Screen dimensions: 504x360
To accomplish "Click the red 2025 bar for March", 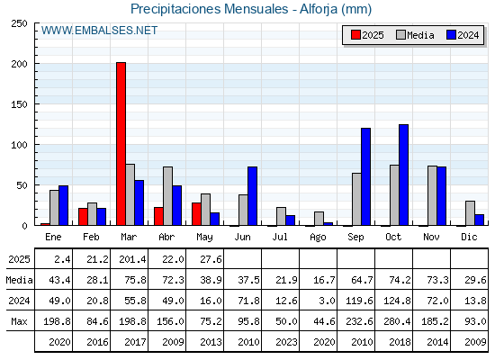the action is click(121, 144).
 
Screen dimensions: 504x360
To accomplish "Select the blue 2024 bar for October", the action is click(404, 175).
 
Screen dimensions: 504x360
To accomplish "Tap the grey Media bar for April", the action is click(167, 196).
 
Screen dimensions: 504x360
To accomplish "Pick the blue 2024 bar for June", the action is click(252, 196).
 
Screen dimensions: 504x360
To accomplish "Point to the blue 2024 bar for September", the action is click(365, 176).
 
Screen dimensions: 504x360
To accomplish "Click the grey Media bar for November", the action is click(432, 195).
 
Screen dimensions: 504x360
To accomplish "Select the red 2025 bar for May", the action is click(196, 214).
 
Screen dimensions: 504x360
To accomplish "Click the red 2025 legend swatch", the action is click(355, 35).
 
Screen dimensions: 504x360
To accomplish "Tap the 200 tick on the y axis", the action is click(19, 64).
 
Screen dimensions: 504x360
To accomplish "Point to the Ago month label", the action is click(318, 238).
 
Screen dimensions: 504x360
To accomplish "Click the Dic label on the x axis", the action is click(469, 237).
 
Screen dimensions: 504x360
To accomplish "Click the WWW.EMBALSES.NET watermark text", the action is click(99, 31).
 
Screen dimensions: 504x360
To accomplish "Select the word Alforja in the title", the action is click(319, 9).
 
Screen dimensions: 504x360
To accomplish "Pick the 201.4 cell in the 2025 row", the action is click(132, 259).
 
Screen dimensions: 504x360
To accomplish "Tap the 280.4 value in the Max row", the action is click(397, 321).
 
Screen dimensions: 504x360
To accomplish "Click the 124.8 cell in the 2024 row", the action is click(397, 301).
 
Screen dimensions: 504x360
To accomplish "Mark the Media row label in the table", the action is click(19, 280).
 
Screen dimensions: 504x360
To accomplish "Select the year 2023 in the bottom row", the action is click(286, 342).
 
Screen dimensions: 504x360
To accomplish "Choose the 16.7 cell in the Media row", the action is click(324, 280).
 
